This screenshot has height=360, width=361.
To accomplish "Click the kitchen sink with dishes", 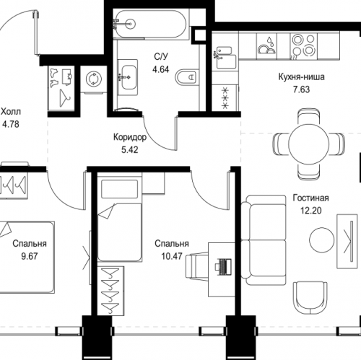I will point(265,49).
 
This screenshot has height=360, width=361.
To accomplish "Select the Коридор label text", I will point(131,138).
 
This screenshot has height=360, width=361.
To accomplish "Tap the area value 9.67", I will point(29,255).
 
